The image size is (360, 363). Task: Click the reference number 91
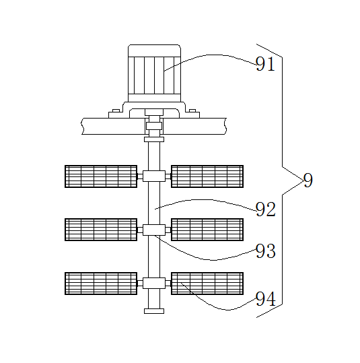point(265,64)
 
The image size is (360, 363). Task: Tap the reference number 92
point(266,209)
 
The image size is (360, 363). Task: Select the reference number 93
point(266,251)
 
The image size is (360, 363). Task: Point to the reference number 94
point(266,299)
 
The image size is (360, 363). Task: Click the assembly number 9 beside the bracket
point(308,180)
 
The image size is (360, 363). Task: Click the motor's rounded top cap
point(154,51)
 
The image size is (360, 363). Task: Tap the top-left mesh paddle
point(101,176)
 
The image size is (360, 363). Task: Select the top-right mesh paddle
point(207,176)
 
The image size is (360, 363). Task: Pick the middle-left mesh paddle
point(101,230)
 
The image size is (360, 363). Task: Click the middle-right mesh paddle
point(207,230)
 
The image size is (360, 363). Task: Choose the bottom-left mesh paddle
point(101,284)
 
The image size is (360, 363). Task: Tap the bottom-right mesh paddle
point(207,284)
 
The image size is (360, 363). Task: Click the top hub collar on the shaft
point(154,176)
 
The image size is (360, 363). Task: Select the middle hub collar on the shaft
point(154,230)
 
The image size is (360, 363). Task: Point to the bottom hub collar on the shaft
point(154,283)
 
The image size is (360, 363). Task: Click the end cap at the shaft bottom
point(154,311)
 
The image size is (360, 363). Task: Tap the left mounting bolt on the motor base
point(116,110)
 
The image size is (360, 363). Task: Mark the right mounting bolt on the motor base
point(192,110)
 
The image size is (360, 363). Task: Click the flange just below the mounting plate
point(154,139)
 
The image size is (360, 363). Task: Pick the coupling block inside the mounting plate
point(154,126)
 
